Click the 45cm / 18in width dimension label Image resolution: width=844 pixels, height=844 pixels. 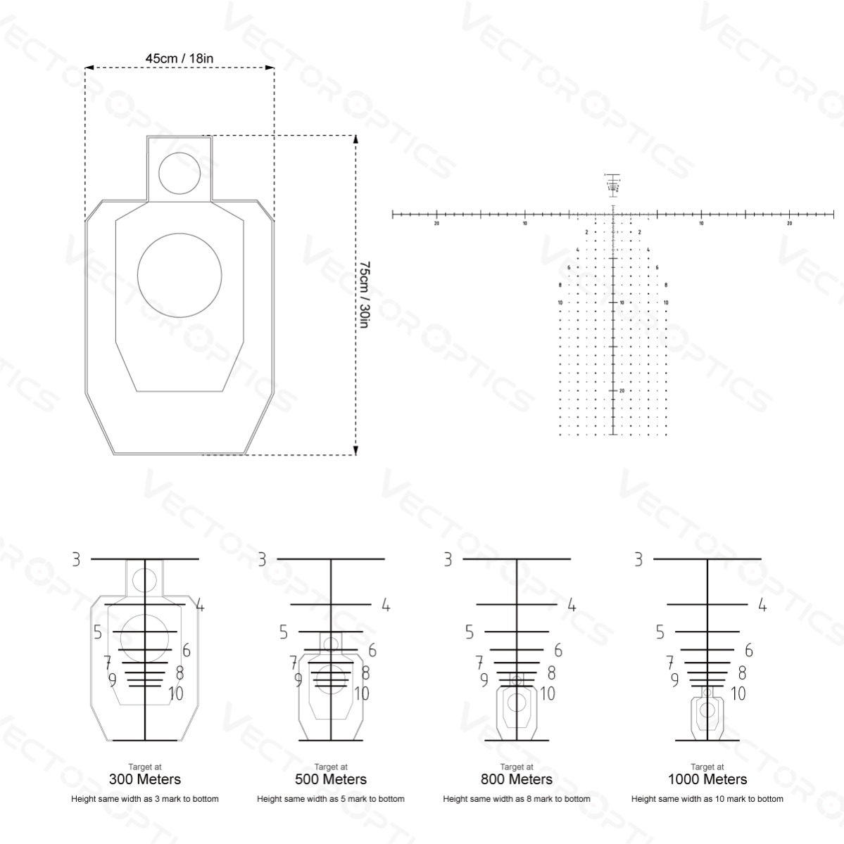179,58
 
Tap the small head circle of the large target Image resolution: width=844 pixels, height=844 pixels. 179,172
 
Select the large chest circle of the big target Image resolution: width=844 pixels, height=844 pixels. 179,275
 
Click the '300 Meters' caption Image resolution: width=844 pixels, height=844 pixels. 145,779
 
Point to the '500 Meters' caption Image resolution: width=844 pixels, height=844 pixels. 331,779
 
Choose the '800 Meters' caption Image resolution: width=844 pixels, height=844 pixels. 517,779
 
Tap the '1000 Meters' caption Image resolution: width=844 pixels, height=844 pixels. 707,779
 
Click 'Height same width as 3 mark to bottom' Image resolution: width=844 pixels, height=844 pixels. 145,799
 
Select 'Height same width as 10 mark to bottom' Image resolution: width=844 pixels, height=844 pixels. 707,799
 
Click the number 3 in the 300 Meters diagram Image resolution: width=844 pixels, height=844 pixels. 76,559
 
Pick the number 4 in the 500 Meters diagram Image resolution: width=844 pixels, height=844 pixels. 386,605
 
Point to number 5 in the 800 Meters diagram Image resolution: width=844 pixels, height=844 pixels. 470,632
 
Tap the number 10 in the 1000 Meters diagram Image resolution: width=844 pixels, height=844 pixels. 738,694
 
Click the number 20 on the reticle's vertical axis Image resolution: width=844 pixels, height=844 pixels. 622,390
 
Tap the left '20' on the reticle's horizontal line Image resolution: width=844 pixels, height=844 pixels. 437,224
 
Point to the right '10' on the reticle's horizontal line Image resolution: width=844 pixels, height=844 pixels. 701,224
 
